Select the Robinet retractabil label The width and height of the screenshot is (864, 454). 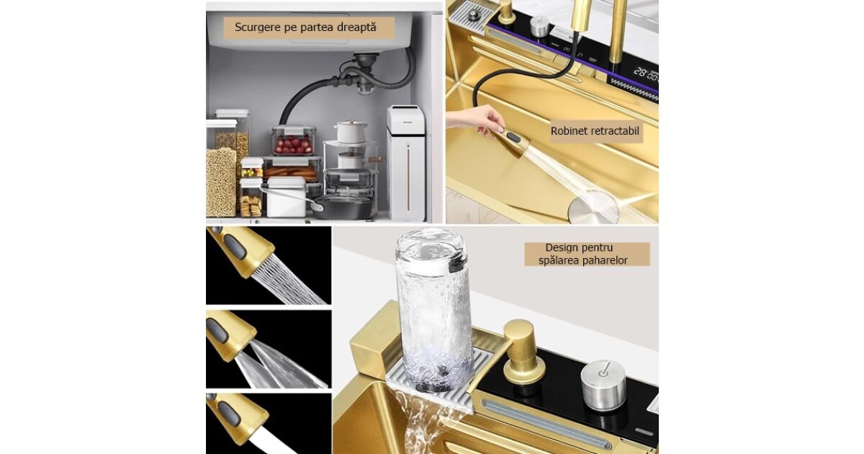[x=595, y=131]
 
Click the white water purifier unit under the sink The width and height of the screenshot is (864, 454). [x=407, y=163]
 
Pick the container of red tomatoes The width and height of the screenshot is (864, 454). [x=294, y=140]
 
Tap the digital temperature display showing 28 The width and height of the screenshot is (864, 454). [x=646, y=73]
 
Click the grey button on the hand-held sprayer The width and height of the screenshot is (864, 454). [x=513, y=138]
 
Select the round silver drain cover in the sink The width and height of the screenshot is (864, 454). [x=590, y=210]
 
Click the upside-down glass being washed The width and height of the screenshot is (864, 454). [x=434, y=309]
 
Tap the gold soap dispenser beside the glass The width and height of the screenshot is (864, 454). [x=523, y=352]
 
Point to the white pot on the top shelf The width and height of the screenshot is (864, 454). [x=351, y=132]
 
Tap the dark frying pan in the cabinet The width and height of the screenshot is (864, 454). [x=344, y=207]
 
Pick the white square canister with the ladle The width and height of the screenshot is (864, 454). [x=287, y=197]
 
